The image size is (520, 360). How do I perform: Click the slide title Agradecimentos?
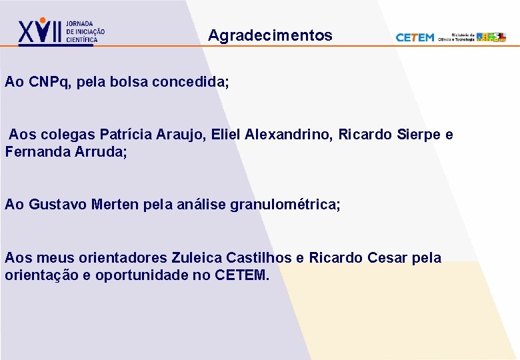coord(270,35)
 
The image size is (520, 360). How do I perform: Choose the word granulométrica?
coord(285,204)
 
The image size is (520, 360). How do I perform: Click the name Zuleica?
coord(197,257)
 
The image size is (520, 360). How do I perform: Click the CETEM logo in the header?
coord(415,37)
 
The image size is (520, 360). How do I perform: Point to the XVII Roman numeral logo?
coord(40,31)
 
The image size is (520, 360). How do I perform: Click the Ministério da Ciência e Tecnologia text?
coord(457,37)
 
